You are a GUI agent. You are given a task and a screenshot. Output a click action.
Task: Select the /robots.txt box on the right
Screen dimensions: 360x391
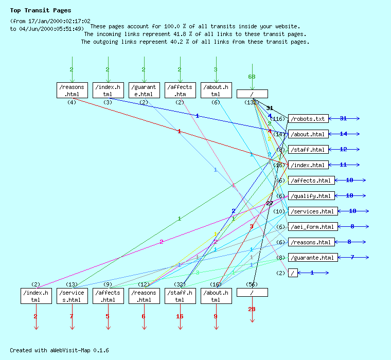[x=308, y=119]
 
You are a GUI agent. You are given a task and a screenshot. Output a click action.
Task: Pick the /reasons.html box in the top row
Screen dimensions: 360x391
[x=72, y=90]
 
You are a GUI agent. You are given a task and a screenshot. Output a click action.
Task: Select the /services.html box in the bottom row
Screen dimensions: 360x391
[x=72, y=296]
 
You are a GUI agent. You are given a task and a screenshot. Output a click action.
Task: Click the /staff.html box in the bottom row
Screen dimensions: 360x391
[x=180, y=296]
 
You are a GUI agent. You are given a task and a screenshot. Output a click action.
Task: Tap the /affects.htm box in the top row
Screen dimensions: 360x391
[x=180, y=90]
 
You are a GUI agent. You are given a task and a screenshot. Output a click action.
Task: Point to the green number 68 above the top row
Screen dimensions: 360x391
[x=252, y=77]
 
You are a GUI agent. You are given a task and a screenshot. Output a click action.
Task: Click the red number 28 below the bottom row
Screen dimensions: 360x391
[x=252, y=309]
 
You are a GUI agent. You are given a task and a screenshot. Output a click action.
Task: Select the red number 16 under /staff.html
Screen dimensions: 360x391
[x=180, y=316]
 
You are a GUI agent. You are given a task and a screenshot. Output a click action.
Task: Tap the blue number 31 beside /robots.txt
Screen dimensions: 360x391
[x=343, y=119]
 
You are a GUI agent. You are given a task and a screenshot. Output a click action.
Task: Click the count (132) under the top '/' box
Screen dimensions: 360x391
[x=252, y=102]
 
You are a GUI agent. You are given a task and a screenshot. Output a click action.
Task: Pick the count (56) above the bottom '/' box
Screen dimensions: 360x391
[x=252, y=284]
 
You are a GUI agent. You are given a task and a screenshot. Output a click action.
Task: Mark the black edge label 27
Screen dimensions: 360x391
[x=269, y=203]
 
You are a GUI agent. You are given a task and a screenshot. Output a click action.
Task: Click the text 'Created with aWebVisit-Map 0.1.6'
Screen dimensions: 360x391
[x=59, y=350]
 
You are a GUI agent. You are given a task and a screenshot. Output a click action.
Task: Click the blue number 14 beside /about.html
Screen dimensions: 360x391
[x=343, y=134]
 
